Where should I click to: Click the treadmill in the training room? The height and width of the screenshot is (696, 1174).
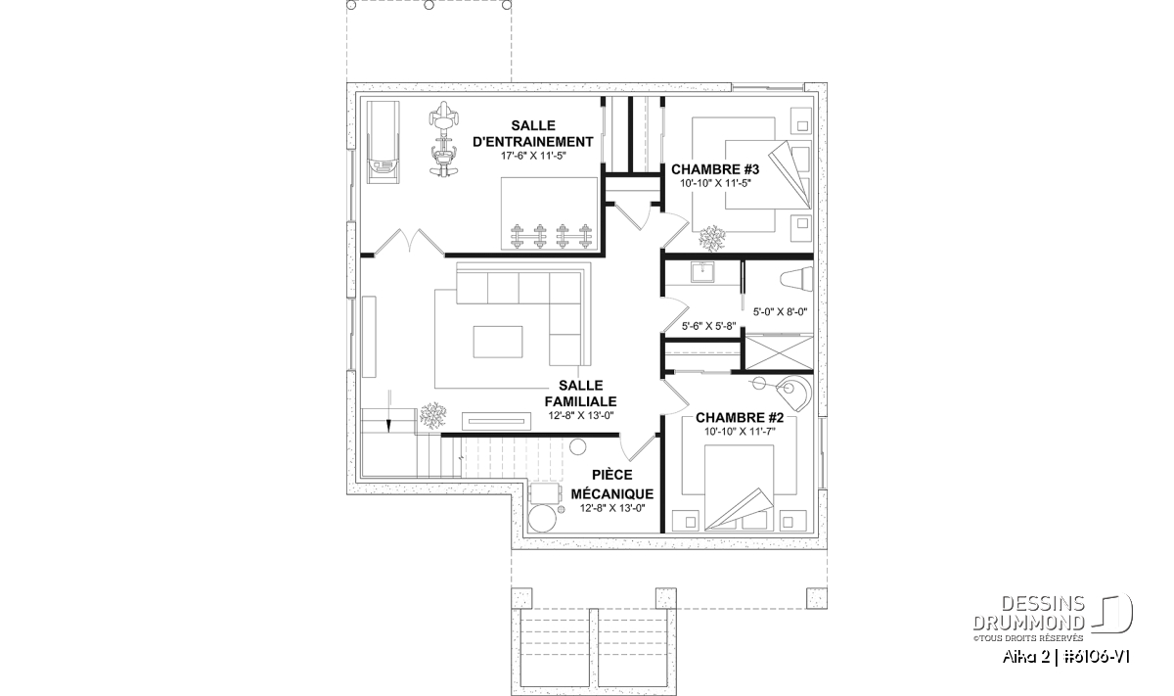pos(384,142)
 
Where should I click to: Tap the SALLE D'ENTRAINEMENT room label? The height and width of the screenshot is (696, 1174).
pos(533,134)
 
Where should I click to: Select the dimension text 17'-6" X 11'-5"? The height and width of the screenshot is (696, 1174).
pos(533,156)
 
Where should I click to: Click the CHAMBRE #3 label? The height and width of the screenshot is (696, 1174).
pos(715,169)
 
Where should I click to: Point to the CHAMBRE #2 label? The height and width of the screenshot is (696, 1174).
pos(740,417)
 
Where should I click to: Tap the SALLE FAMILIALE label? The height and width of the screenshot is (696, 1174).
pos(581,394)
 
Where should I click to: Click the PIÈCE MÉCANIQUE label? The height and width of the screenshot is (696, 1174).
pos(612,485)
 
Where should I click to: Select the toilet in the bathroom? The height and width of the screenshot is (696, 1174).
pos(796,278)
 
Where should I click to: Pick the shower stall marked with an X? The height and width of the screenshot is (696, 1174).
pos(779,353)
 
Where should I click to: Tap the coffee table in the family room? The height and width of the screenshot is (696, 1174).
pos(498,342)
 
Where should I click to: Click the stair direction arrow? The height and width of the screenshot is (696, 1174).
pos(389,411)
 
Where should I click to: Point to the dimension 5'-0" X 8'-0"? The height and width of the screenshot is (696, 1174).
pos(780,311)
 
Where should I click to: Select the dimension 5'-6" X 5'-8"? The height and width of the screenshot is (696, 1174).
pos(708,326)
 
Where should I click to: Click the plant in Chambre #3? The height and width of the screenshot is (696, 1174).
pos(712,239)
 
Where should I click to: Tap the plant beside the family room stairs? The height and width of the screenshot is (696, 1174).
pos(432,416)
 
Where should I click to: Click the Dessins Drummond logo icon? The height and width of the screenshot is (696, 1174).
pos(1112,614)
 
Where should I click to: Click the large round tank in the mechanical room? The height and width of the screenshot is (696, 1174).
pos(542,519)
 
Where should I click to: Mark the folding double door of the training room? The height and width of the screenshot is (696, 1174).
pos(409,243)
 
